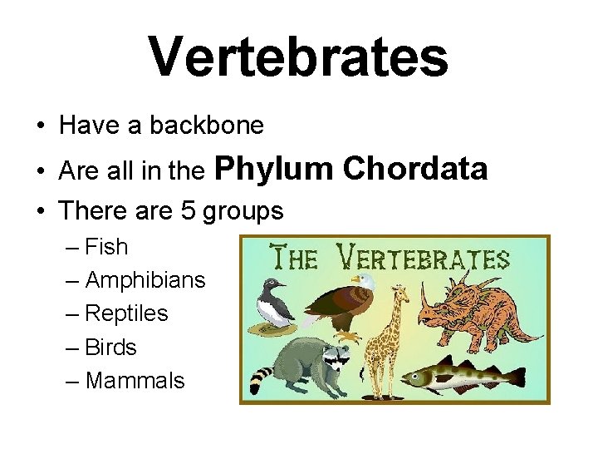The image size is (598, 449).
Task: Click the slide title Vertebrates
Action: click(x=299, y=57)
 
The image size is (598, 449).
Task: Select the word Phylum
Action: click(x=273, y=169)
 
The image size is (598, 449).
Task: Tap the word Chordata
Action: click(x=414, y=169)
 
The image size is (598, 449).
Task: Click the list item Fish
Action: click(x=106, y=247)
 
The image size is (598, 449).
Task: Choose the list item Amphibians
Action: click(x=145, y=280)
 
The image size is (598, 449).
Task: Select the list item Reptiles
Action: click(x=126, y=313)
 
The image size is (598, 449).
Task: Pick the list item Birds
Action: click(x=111, y=347)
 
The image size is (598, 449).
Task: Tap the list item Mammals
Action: click(x=135, y=381)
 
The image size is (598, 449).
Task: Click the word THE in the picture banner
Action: click(x=292, y=258)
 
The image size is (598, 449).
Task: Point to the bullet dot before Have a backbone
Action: click(x=40, y=126)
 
